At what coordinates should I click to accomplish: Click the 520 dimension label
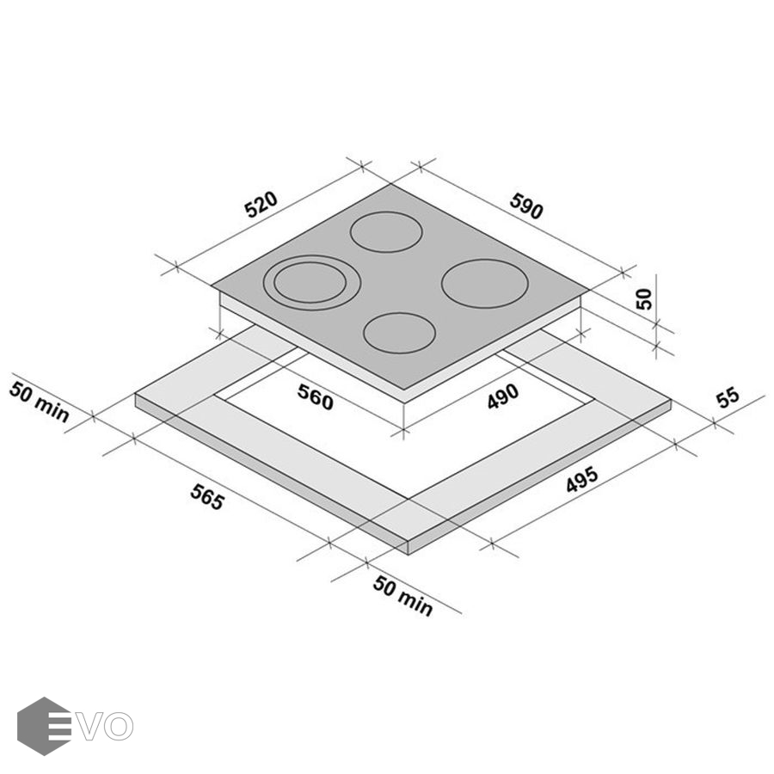pos(261,204)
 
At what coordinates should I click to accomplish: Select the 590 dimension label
pos(526,206)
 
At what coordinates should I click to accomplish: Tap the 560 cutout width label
pos(316,397)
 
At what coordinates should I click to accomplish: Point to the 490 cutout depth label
pos(502,396)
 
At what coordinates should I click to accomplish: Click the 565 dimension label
pos(207,497)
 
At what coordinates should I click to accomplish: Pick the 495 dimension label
pos(582,479)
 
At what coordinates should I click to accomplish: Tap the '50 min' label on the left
pos(39,402)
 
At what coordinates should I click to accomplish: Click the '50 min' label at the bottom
pos(402,596)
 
